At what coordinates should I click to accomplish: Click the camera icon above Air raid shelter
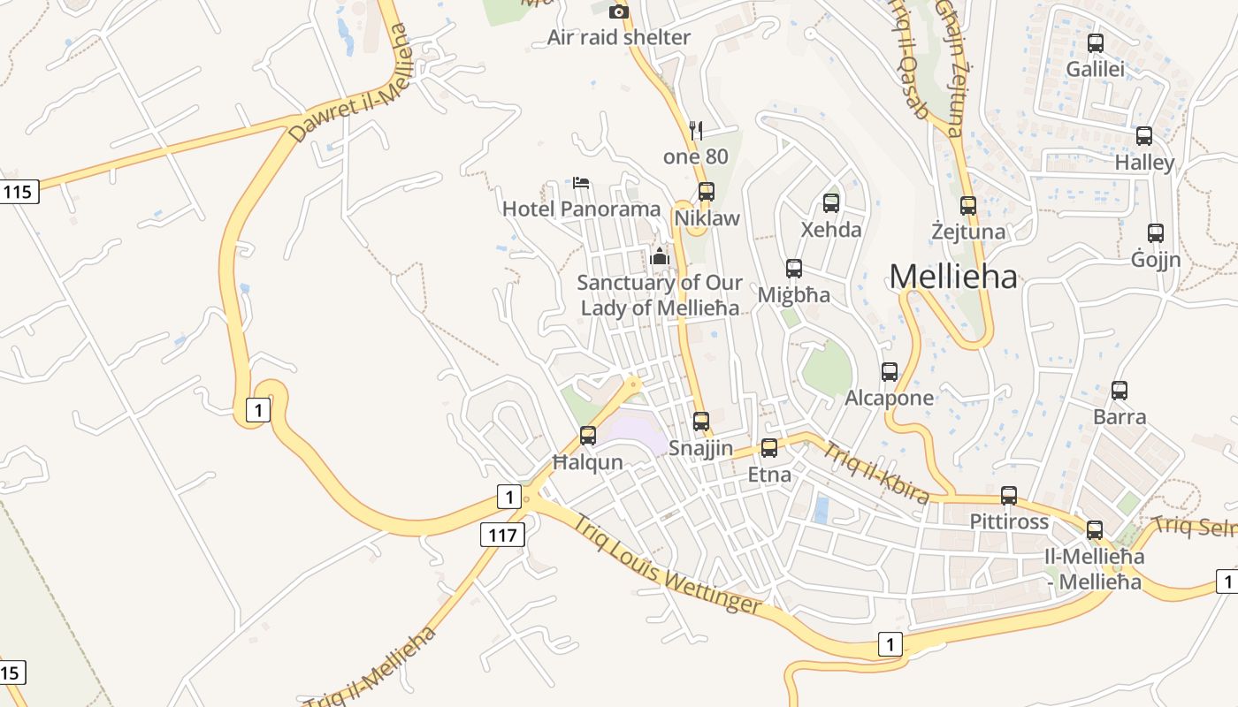tap(619, 11)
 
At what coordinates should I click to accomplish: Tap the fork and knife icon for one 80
tap(696, 131)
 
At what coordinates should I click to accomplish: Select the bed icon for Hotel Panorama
tap(581, 183)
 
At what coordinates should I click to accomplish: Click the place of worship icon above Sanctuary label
tap(659, 257)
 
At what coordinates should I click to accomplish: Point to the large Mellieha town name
tap(953, 277)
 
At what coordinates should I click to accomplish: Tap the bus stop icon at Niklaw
tap(706, 191)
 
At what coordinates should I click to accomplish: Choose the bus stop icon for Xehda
tap(831, 203)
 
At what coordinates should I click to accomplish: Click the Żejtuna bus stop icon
tap(968, 206)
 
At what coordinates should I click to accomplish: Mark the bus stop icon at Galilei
tap(1096, 42)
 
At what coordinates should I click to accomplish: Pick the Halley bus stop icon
tap(1144, 136)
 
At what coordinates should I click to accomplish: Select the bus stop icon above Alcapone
tap(890, 372)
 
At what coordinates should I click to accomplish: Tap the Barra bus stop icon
tap(1120, 391)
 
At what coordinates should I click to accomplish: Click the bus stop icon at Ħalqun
tap(588, 436)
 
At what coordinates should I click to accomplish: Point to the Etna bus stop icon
tap(769, 448)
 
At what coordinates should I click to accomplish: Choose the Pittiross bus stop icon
tap(1009, 496)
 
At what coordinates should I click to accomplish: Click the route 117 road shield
tap(503, 534)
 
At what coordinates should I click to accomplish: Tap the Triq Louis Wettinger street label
tap(668, 564)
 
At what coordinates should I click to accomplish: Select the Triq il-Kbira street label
tap(876, 473)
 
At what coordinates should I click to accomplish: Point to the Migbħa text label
tap(794, 295)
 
